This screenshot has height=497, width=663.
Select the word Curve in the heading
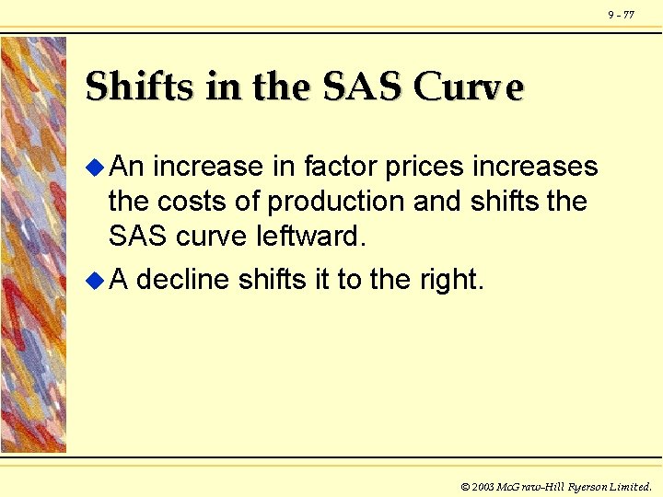(x=470, y=87)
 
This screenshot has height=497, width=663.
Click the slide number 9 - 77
(x=621, y=15)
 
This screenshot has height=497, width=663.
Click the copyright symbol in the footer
(x=465, y=486)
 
